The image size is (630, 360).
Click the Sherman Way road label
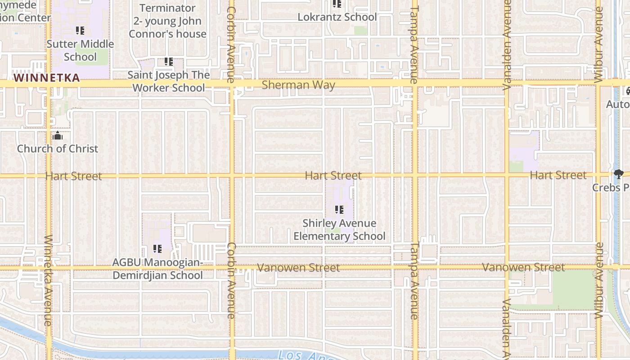tap(298, 85)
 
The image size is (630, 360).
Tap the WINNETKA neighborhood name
tap(46, 78)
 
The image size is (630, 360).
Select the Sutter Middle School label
tap(80, 50)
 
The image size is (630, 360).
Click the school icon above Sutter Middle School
tap(80, 31)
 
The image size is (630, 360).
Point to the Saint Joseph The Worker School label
tap(168, 81)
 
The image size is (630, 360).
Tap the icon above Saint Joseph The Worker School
tap(169, 62)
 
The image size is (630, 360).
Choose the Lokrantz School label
tap(337, 17)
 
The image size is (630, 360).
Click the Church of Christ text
tap(57, 148)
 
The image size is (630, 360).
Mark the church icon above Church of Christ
tap(58, 135)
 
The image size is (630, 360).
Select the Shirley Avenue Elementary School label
tap(339, 229)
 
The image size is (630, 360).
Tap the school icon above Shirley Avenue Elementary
tap(339, 210)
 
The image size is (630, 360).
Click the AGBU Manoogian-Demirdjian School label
tap(157, 269)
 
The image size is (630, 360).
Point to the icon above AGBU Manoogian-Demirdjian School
tap(157, 248)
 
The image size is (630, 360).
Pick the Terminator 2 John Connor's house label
tap(167, 21)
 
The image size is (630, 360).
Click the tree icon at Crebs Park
tap(619, 174)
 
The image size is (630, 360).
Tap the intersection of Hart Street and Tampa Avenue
tap(415, 175)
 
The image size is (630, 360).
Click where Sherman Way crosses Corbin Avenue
tap(232, 84)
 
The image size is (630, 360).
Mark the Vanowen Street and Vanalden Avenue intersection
tap(507, 267)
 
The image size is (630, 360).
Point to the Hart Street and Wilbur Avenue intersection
tap(598, 174)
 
